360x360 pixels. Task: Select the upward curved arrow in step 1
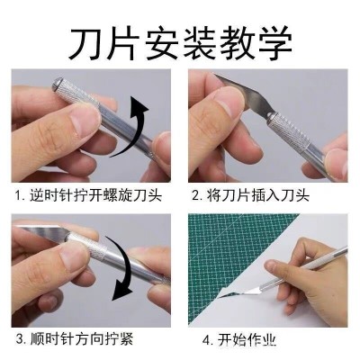130,127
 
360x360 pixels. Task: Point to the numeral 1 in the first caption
19,196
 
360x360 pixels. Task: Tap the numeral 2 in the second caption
195,196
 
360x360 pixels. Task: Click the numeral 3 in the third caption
20,339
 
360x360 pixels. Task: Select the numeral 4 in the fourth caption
207,340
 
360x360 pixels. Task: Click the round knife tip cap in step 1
57,85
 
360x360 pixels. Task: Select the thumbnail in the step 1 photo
85,122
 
